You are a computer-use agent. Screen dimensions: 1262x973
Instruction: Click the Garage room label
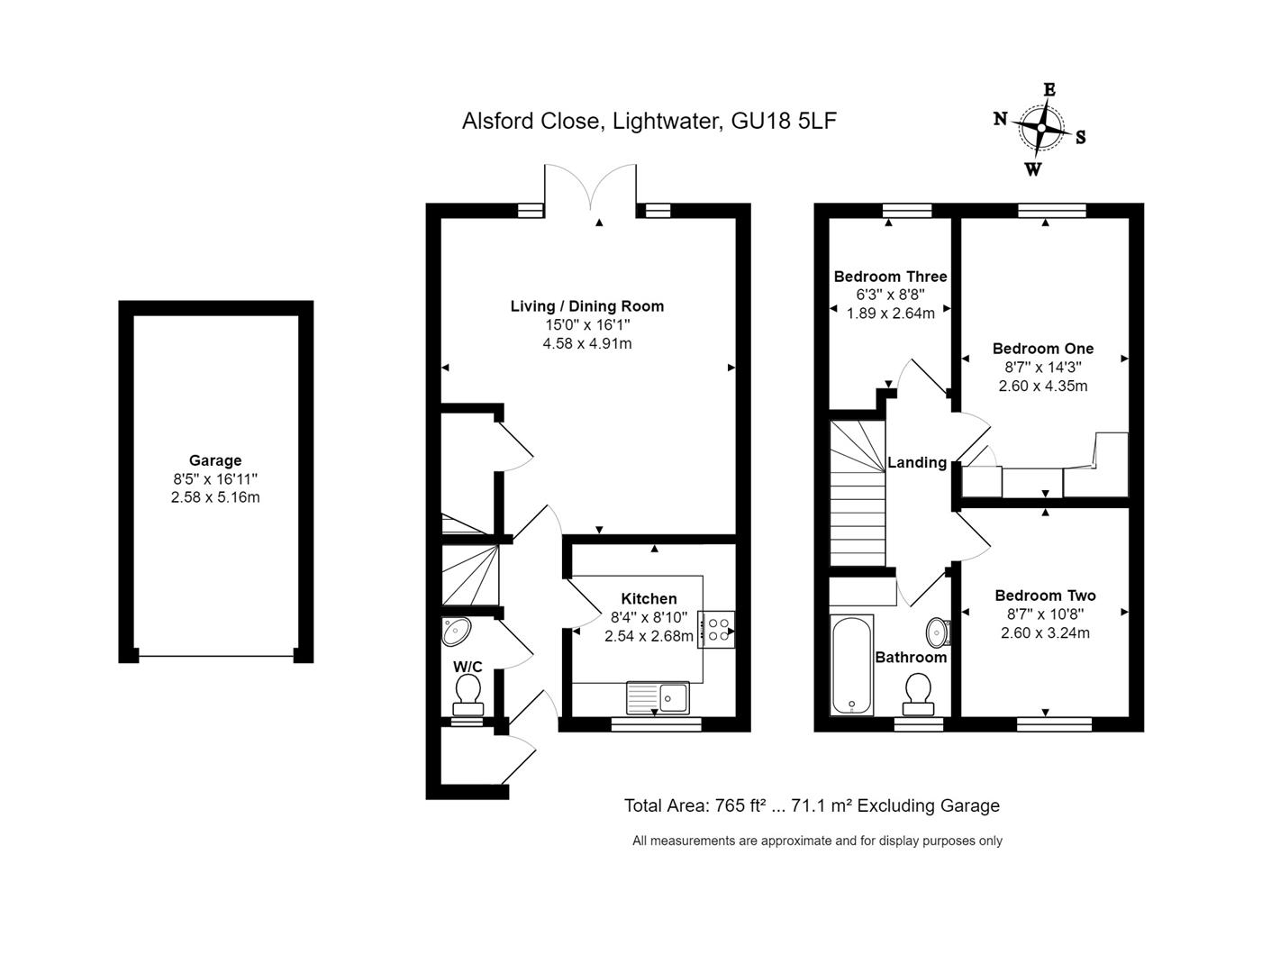pos(215,460)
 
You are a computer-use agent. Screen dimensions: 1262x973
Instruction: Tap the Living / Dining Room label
pos(586,306)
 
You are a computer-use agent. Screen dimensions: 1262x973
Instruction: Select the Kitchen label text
pos(649,598)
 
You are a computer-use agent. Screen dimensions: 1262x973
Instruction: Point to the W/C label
pos(468,667)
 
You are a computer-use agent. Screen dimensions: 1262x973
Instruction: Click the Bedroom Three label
pos(890,277)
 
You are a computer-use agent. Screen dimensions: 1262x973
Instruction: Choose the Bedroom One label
pos(1043,349)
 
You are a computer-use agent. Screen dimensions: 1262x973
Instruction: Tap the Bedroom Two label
pos(1046,596)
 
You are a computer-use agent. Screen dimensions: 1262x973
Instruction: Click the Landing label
pos(917,462)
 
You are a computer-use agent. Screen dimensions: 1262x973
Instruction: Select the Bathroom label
pos(911,657)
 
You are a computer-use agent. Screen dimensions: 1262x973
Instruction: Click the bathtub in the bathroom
pos(852,665)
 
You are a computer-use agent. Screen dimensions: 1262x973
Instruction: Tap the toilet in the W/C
pos(468,696)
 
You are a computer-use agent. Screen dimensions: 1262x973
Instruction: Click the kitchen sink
pos(658,697)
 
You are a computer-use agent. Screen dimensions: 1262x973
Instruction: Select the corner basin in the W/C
pos(456,632)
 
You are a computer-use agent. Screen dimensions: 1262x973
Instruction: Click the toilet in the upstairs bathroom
pos(918,694)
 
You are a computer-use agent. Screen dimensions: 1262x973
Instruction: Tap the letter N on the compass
pos(1000,119)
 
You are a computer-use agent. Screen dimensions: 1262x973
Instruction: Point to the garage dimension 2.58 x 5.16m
pos(215,497)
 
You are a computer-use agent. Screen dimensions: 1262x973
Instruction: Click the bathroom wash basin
pos(938,632)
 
